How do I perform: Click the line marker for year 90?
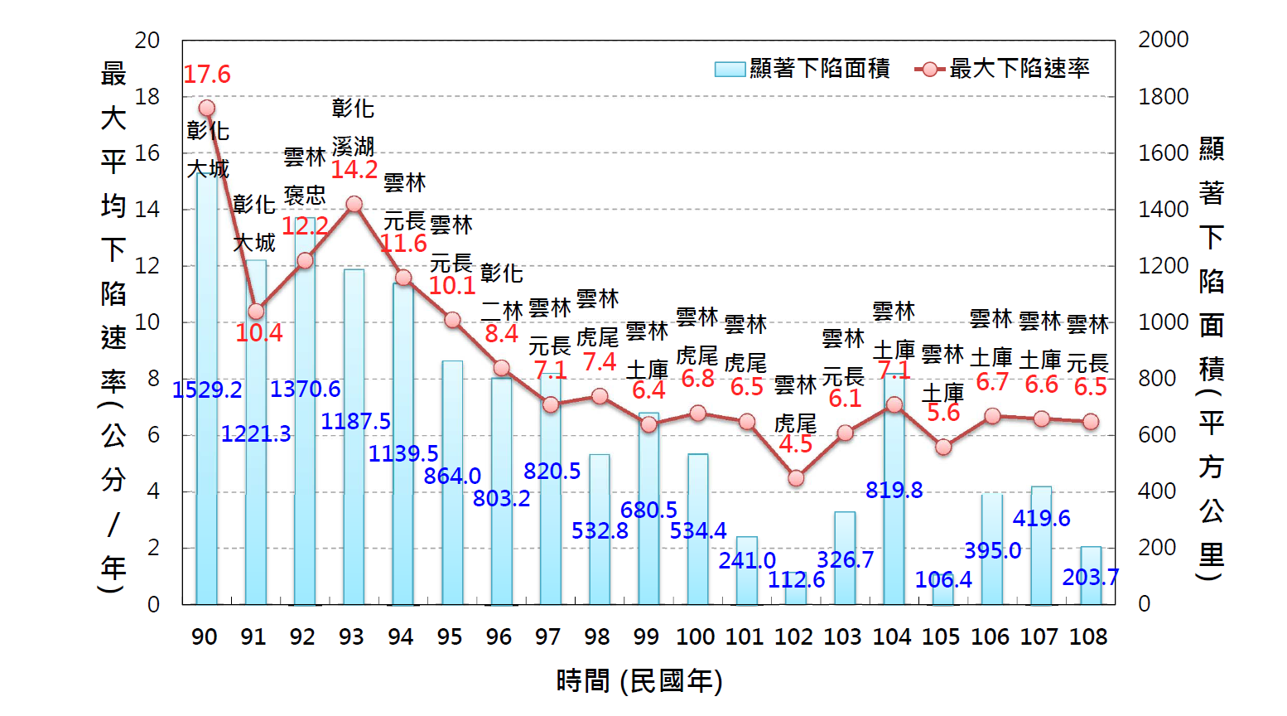click(x=207, y=108)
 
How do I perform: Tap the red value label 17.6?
click(x=207, y=75)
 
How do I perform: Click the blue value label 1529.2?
click(x=207, y=389)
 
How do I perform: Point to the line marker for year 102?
click(x=796, y=478)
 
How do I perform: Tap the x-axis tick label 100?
click(x=695, y=636)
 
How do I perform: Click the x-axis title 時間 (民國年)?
click(x=639, y=681)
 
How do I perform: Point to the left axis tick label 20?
click(x=147, y=40)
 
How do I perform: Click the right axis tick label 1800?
click(x=1163, y=97)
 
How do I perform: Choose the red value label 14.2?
click(x=354, y=170)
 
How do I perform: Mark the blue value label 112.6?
click(x=796, y=580)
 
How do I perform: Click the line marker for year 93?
click(x=354, y=204)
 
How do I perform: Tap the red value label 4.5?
click(x=796, y=444)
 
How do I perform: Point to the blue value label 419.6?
click(x=1041, y=519)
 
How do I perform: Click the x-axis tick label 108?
click(x=1088, y=636)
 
